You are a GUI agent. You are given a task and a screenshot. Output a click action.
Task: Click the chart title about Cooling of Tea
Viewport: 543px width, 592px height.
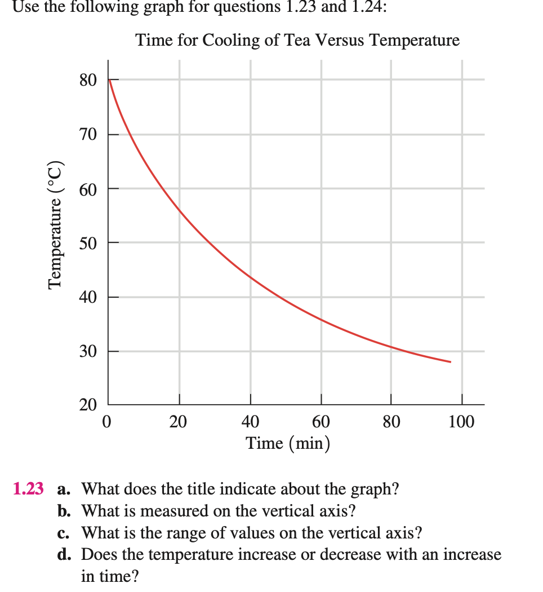click(297, 41)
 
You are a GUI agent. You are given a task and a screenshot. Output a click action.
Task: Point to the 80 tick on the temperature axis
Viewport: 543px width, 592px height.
click(88, 80)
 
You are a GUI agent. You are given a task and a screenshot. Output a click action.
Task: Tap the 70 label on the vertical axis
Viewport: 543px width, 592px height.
click(88, 135)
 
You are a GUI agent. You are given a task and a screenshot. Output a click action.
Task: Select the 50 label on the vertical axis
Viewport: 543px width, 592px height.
click(88, 243)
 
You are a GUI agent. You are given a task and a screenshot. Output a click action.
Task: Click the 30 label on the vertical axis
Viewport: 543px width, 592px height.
click(88, 352)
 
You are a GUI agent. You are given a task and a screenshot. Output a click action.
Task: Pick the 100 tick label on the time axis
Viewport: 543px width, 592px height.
click(461, 422)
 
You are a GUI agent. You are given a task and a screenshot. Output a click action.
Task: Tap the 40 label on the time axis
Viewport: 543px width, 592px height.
click(251, 422)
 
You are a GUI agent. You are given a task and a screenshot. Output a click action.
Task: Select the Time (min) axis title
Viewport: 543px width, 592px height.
click(287, 444)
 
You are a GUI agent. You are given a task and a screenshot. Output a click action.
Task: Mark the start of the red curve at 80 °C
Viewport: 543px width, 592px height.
click(110, 80)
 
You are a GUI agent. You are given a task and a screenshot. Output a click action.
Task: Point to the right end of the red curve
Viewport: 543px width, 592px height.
click(450, 361)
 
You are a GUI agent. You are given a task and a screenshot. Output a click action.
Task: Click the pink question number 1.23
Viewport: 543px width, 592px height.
click(28, 489)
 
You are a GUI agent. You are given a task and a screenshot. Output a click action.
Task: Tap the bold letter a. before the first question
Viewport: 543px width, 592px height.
click(65, 489)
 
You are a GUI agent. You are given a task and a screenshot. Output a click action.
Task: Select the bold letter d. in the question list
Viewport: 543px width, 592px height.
click(65, 555)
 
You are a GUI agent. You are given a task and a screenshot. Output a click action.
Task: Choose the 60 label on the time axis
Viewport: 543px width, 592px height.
click(321, 422)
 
